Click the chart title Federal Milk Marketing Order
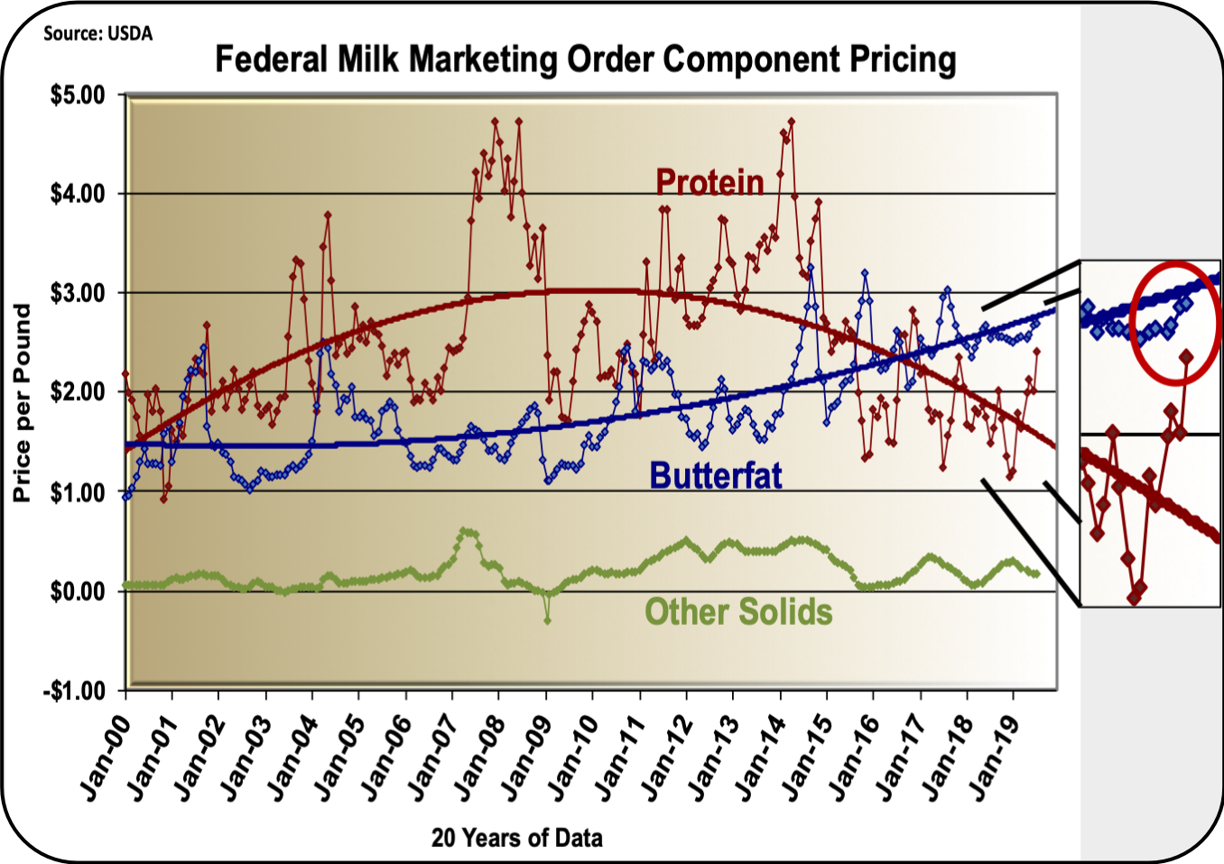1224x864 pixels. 585,60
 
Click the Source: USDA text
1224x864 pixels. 98,34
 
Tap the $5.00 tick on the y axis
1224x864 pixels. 77,95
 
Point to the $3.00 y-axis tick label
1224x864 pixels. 77,293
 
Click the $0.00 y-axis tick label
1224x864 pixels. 77,592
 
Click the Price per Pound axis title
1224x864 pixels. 22,402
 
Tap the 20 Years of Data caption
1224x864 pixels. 516,838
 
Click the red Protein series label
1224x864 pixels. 709,182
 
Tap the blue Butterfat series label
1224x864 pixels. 715,475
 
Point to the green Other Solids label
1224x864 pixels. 737,611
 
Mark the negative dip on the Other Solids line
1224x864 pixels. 547,620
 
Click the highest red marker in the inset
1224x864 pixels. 1186,357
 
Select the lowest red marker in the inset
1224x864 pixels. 1134,597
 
